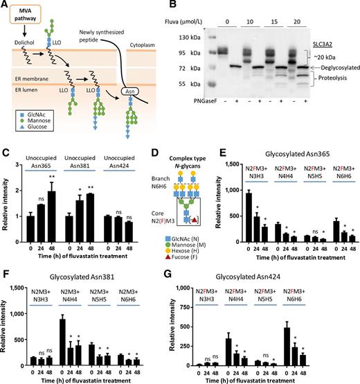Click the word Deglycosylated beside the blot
click(x=332, y=68)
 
